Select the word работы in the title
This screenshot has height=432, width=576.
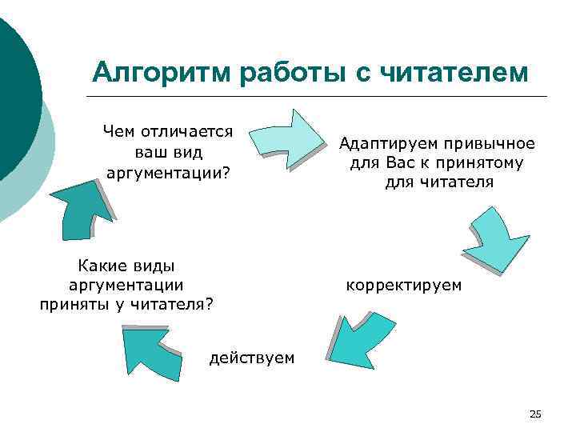(x=290, y=73)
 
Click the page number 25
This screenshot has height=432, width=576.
(x=535, y=413)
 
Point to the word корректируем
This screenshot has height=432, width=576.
(x=403, y=284)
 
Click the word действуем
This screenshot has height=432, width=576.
(x=251, y=358)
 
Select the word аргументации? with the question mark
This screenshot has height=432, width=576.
(x=167, y=172)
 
